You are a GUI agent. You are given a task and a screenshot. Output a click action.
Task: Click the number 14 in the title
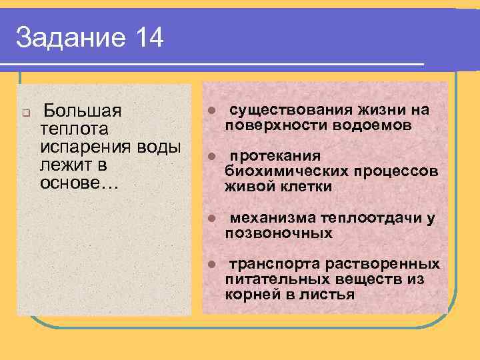149,38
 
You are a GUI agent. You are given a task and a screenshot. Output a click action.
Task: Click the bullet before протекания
209,157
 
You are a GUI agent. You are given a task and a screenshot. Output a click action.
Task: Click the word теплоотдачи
367,218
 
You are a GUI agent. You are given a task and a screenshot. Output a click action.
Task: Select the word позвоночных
278,233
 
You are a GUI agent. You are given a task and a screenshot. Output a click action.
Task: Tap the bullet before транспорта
209,265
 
